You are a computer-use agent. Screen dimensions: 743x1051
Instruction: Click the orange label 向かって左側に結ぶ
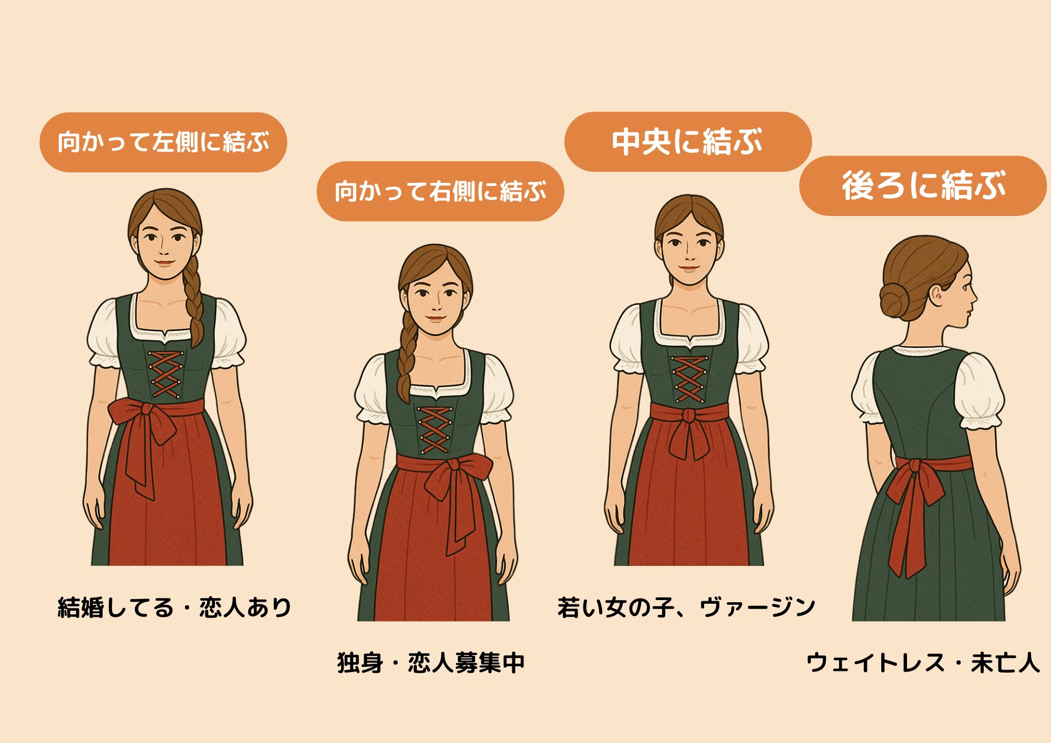(x=163, y=142)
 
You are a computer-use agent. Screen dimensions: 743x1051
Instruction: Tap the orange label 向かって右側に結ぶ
(x=440, y=191)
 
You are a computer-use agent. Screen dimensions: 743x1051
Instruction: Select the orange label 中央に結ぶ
(x=687, y=141)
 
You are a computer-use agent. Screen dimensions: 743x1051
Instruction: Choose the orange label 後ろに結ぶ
(x=923, y=185)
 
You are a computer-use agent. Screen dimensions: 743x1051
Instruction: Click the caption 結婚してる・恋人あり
(x=174, y=607)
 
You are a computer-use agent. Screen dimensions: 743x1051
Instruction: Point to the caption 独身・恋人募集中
(x=431, y=663)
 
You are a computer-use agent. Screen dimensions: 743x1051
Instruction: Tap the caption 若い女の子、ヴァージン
(x=686, y=607)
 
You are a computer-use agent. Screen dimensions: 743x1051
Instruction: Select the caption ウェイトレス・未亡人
(x=923, y=663)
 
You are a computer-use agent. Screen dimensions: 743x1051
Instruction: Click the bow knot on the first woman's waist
(x=147, y=409)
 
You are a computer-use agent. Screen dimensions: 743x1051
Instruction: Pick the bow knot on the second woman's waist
(x=453, y=465)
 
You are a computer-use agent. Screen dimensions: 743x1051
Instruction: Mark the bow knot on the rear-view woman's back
(x=915, y=466)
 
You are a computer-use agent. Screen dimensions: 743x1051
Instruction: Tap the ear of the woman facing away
(x=937, y=295)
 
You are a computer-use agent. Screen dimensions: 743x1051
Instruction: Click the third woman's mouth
(x=688, y=267)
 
